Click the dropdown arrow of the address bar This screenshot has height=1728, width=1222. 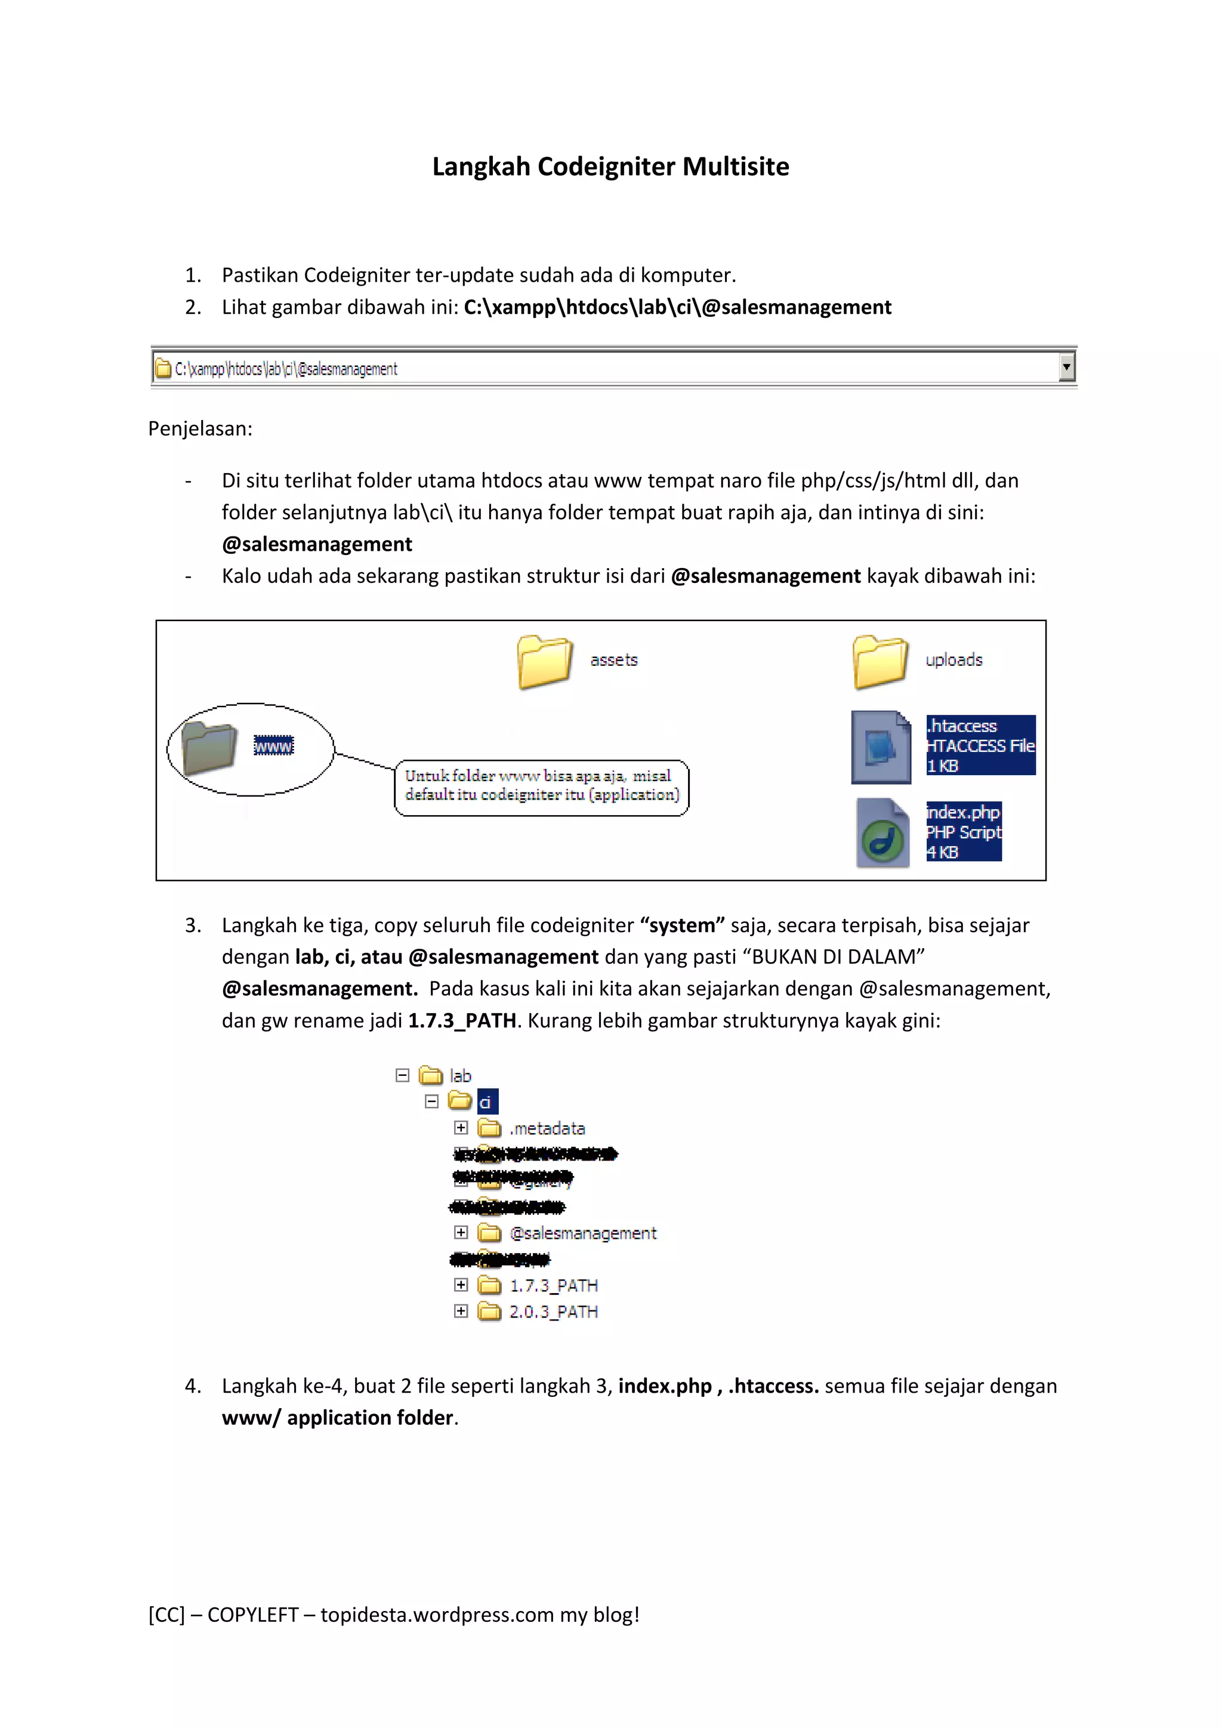coord(1066,368)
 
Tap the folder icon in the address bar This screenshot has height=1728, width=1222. coord(162,368)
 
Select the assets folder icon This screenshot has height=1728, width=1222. coord(544,662)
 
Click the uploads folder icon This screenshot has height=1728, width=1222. coord(880,662)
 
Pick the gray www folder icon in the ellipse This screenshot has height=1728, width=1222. coord(210,747)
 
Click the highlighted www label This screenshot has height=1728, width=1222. coord(273,746)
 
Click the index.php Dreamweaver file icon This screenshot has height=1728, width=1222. coord(882,833)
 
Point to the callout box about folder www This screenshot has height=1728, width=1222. coord(541,786)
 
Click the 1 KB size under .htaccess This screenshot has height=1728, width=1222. coord(942,766)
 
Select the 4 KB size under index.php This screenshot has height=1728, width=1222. coord(942,853)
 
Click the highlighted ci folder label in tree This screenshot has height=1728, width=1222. coord(487,1103)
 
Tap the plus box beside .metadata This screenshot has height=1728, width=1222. coord(461,1127)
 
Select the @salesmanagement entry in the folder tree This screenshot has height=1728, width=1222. coord(582,1233)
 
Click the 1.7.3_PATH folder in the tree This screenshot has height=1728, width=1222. coord(553,1285)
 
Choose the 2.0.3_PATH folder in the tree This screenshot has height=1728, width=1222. coord(553,1312)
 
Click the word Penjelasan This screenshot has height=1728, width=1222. coord(199,429)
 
